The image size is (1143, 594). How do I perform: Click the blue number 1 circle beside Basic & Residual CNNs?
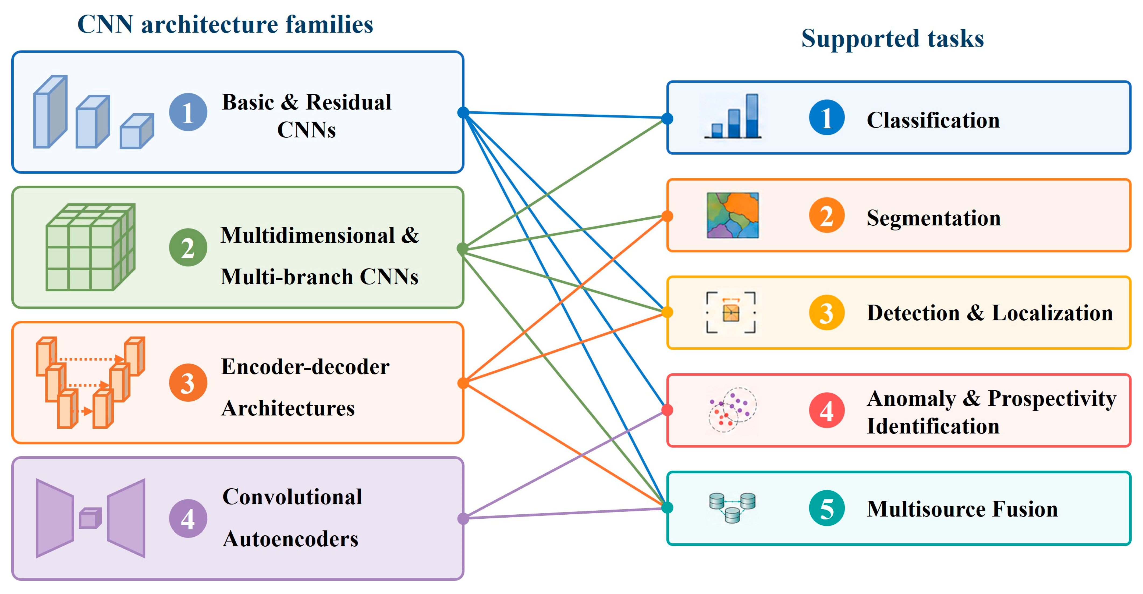point(188,112)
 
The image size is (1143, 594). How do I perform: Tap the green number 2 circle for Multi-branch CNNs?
point(188,247)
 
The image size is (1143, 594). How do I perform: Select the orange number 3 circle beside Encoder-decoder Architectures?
point(188,383)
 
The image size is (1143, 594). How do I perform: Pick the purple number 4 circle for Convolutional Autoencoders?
point(188,518)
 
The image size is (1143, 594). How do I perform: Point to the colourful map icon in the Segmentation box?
point(733,215)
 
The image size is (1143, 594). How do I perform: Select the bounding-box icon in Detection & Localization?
point(731,313)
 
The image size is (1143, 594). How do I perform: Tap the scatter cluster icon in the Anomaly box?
point(733,410)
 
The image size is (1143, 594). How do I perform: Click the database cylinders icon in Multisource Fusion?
point(732,507)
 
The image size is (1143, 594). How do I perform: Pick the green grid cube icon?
point(91,247)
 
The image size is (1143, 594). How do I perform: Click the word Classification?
point(933,120)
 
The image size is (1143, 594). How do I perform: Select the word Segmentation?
point(933,218)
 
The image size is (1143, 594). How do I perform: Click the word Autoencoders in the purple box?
point(291,539)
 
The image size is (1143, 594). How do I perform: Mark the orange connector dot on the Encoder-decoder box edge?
point(463,383)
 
